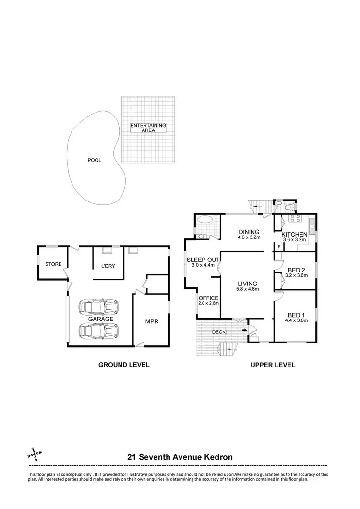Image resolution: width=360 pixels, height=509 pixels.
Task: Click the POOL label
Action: [x=94, y=161]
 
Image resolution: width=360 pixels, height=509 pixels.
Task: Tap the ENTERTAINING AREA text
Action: [x=148, y=128]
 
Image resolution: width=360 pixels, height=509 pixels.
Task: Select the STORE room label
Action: [x=53, y=264]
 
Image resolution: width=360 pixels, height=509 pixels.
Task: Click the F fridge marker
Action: [x=279, y=247]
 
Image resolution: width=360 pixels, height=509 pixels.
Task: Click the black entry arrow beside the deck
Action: [x=245, y=330]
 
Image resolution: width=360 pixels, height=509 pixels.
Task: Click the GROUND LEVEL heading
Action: [x=124, y=365]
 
